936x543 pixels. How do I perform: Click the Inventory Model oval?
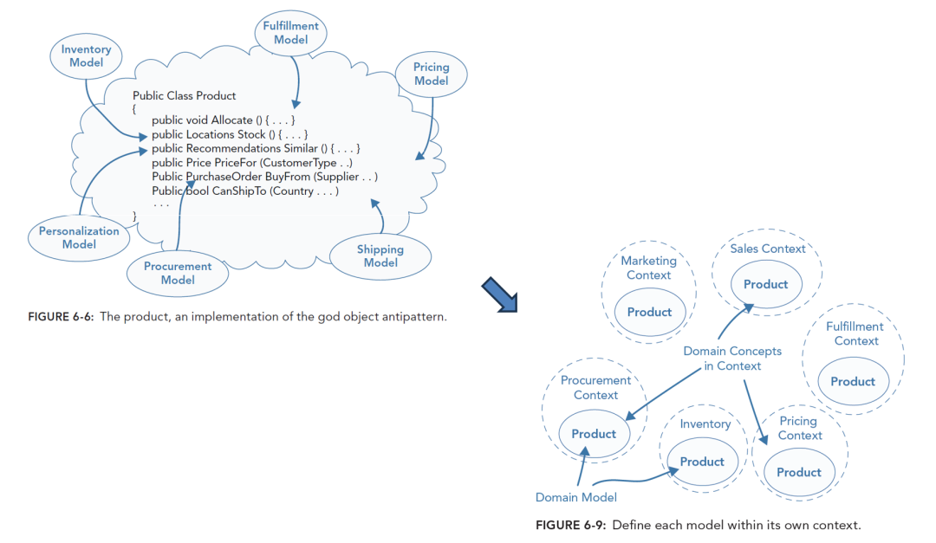[x=87, y=56]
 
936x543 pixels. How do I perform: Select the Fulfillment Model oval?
[x=291, y=33]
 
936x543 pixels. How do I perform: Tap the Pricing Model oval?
[x=431, y=74]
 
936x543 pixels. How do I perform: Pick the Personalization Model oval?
[x=79, y=237]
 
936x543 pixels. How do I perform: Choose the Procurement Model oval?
[x=178, y=273]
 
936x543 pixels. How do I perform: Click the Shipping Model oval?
[x=380, y=256]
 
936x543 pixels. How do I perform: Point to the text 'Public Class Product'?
[x=184, y=95]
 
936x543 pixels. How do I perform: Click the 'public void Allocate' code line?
[x=224, y=120]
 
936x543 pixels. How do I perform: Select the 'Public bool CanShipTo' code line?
[x=245, y=191]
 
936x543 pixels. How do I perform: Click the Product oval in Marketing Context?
[x=649, y=312]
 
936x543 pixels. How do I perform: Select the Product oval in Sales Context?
[x=765, y=284]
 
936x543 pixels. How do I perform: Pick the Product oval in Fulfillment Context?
[x=853, y=381]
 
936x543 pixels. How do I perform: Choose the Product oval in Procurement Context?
[x=594, y=434]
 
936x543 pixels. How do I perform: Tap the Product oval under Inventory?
[x=702, y=462]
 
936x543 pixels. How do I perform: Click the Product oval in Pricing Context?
[x=798, y=472]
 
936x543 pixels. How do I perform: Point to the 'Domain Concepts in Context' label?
[x=732, y=359]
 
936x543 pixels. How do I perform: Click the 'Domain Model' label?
[x=576, y=497]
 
